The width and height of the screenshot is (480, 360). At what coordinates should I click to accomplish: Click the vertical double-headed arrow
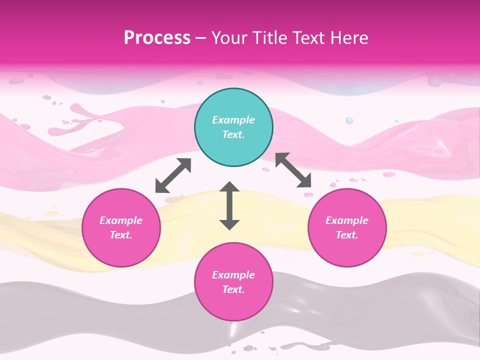pyautogui.click(x=229, y=205)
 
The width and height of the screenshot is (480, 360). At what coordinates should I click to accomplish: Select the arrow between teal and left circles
pyautogui.click(x=173, y=175)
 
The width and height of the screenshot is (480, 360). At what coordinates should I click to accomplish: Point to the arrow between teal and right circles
pyautogui.click(x=294, y=170)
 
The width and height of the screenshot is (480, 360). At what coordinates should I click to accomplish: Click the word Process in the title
pyautogui.click(x=157, y=38)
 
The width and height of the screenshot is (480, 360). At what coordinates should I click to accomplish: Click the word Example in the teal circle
pyautogui.click(x=233, y=120)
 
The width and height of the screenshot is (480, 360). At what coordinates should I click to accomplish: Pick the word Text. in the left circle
pyautogui.click(x=121, y=235)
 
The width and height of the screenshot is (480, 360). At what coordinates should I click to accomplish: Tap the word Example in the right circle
pyautogui.click(x=347, y=220)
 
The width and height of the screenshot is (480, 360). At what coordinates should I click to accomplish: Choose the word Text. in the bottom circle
pyautogui.click(x=233, y=289)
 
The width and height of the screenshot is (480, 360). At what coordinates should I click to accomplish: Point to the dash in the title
pyautogui.click(x=200, y=38)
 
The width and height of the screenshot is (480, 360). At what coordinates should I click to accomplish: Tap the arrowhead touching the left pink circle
pyautogui.click(x=161, y=187)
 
